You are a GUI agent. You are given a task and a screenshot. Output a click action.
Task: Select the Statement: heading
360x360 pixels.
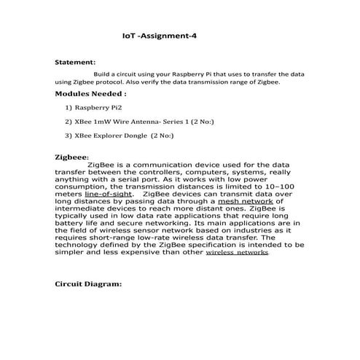75,63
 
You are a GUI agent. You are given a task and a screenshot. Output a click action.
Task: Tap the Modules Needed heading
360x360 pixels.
90,94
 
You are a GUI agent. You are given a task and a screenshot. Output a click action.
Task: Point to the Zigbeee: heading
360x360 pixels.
72,157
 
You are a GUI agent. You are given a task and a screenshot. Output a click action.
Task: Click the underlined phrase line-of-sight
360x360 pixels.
109,195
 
